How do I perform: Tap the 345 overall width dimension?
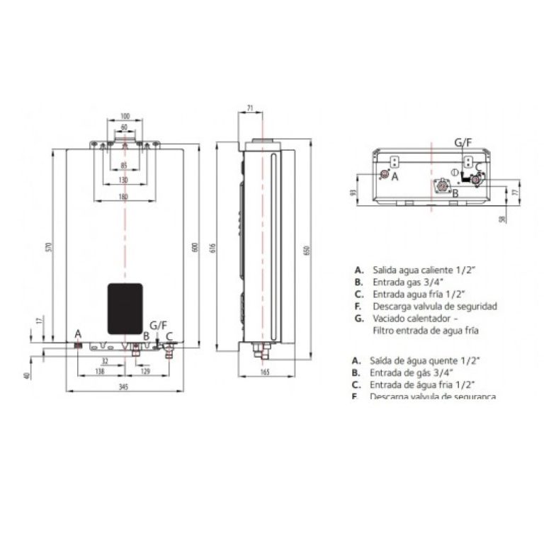tap(124, 387)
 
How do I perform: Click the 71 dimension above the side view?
tap(250, 107)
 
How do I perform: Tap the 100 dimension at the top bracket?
tap(125, 115)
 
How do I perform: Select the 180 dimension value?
tap(124, 196)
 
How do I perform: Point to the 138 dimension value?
tap(99, 371)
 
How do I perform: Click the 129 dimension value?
tap(145, 371)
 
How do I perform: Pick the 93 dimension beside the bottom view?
tap(352, 192)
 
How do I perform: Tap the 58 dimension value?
tap(502, 219)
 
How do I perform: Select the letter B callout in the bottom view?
tap(455, 193)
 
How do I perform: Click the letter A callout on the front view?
tap(78, 333)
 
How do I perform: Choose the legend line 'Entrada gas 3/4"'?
tap(397, 282)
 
